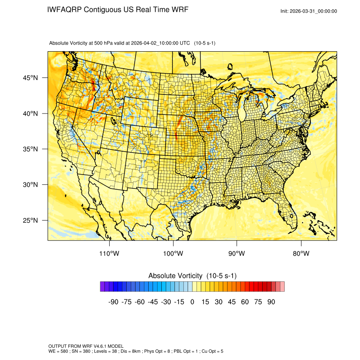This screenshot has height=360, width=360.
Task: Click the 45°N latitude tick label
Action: point(30,78)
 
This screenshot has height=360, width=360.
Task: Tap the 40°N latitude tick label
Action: point(30,114)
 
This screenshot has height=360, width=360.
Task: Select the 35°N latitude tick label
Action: point(30,149)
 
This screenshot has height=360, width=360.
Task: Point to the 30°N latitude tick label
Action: point(30,185)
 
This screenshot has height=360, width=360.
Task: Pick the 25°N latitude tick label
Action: point(30,220)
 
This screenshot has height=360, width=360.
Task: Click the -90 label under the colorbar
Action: point(113,302)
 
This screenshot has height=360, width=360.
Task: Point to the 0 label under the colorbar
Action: point(192,302)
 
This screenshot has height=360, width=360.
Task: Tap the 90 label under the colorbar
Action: point(271,302)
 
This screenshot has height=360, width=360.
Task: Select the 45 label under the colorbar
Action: point(232,302)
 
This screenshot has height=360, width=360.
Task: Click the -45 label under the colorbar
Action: point(152,302)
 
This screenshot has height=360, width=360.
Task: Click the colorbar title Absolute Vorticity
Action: point(176,276)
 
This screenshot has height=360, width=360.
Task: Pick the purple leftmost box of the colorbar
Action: point(102,287)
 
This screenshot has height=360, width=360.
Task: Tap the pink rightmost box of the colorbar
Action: point(282,287)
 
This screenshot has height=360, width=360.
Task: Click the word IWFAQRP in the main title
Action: point(64,9)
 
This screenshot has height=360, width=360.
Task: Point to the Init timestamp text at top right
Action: point(309,11)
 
